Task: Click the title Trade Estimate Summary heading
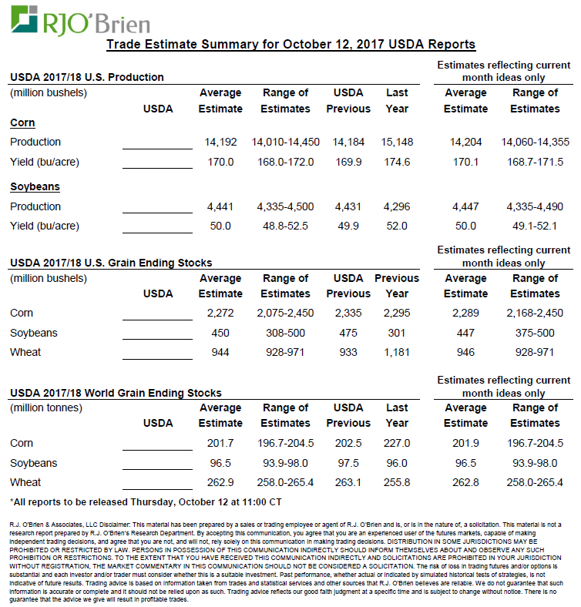coord(290,44)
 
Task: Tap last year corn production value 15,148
coord(397,143)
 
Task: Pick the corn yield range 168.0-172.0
coord(285,162)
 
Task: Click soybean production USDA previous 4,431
coord(348,206)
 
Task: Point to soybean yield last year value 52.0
coord(397,226)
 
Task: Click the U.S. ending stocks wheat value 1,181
coord(397,353)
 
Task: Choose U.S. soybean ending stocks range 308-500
coord(285,333)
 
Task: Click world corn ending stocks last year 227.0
coord(397,443)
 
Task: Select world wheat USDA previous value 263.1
coord(348,482)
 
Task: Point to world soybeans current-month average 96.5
coord(465,463)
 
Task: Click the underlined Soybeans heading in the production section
coord(35,187)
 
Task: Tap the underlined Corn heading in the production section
coord(22,123)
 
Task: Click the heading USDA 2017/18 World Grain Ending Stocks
coord(116,393)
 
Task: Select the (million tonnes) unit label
coord(49,407)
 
